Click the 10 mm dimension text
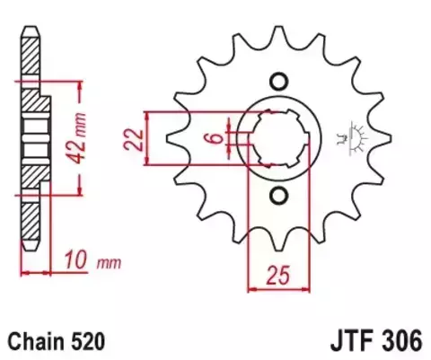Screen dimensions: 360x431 click(x=85, y=262)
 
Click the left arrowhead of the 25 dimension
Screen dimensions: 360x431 click(x=251, y=288)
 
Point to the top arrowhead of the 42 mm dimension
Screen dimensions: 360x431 click(x=83, y=85)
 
